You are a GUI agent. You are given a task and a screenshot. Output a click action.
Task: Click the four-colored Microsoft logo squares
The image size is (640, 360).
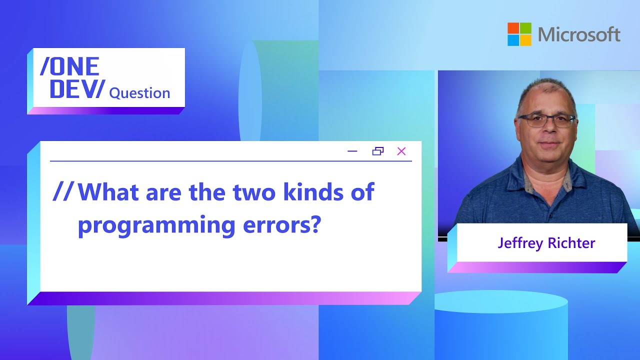[x=519, y=34]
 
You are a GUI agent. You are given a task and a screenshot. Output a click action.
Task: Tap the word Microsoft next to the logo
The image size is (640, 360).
[x=579, y=34]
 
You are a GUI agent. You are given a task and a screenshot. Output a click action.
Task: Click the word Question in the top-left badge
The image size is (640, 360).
[x=139, y=93]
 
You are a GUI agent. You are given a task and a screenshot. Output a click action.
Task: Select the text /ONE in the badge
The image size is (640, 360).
[x=69, y=66]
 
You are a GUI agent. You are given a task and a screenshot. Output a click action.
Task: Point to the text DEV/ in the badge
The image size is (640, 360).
[x=77, y=88]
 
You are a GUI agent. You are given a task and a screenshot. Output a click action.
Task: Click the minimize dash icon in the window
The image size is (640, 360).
[x=352, y=151]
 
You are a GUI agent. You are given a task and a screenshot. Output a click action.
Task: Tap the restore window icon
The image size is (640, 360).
[x=378, y=151]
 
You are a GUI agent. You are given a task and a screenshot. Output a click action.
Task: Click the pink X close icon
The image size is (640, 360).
[x=401, y=151]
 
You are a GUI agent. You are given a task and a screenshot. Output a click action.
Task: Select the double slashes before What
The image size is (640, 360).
[x=63, y=192]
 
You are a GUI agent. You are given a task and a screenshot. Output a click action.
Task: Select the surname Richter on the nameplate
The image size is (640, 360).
[x=571, y=243]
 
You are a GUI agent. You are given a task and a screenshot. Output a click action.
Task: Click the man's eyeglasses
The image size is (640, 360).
[x=546, y=120]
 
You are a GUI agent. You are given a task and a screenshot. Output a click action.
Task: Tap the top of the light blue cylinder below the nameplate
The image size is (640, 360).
[x=501, y=301]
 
